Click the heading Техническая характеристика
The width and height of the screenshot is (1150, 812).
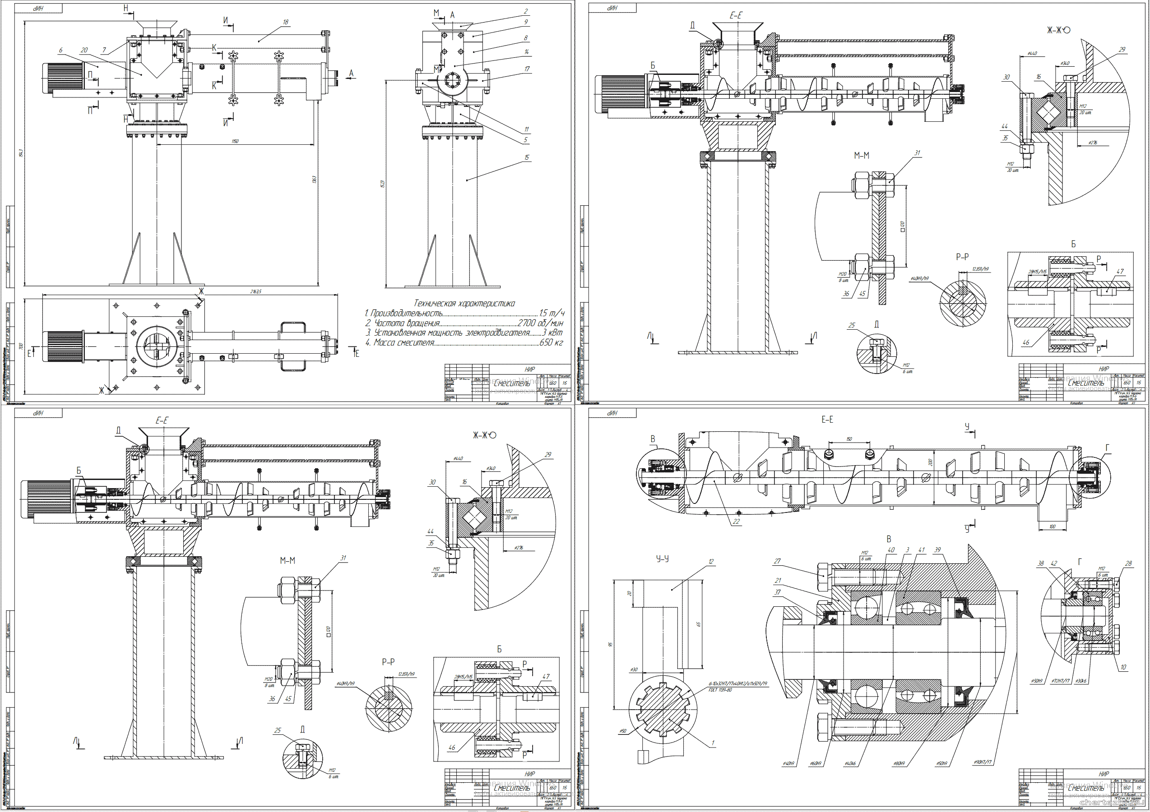(464, 303)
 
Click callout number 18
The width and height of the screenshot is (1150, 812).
(286, 22)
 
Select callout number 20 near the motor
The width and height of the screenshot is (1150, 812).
(84, 50)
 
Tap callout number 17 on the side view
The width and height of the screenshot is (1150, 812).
(527, 69)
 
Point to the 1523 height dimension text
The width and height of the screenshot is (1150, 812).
(382, 184)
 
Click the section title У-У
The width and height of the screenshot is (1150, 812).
(662, 558)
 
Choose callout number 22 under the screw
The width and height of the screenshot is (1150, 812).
(736, 521)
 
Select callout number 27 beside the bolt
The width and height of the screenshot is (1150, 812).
(777, 561)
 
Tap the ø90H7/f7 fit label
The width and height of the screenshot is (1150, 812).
(983, 762)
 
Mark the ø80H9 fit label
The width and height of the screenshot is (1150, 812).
(899, 764)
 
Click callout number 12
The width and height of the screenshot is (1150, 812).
(711, 562)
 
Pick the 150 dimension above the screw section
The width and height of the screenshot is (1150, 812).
(849, 439)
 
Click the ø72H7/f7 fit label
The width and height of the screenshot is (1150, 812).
(1060, 681)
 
